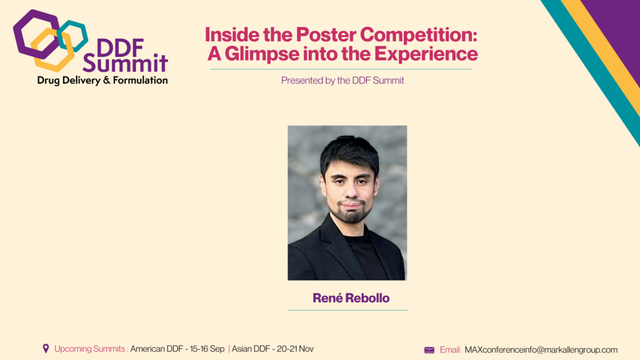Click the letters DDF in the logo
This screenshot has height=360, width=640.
121,47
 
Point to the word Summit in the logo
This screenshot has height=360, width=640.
126,63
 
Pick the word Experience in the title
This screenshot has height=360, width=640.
426,54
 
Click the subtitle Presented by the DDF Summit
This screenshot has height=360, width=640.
342,81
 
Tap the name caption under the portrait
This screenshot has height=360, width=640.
351,298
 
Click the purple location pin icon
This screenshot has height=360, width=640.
46,349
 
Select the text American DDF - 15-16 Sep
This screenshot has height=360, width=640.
177,349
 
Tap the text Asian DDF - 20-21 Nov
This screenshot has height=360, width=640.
272,349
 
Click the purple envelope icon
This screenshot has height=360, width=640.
429,350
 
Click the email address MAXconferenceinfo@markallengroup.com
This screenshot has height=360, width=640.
541,350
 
